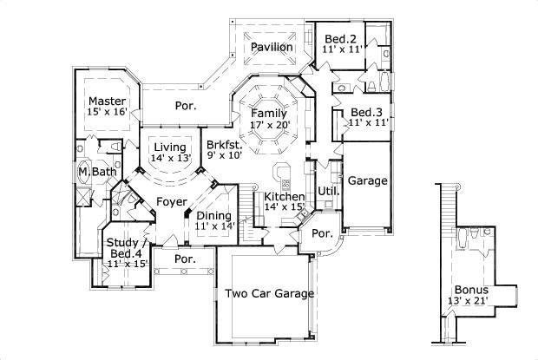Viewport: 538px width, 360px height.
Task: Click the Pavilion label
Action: tap(272, 47)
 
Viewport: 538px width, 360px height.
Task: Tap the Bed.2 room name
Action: tap(341, 39)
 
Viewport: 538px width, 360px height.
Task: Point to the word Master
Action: tap(107, 100)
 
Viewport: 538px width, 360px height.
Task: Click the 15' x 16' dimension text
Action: tap(107, 111)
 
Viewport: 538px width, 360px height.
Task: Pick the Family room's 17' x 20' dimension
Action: tap(268, 125)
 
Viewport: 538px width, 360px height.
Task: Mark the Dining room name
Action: tap(213, 215)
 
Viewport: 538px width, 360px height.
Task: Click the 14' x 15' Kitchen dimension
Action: tap(284, 207)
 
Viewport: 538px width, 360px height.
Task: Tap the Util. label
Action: tap(328, 190)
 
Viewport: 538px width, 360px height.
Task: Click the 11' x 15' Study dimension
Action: tap(127, 264)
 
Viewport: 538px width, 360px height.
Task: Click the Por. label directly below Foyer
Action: tap(183, 259)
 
